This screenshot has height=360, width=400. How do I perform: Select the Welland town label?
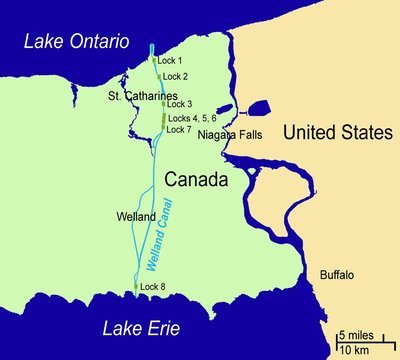[x=135, y=216]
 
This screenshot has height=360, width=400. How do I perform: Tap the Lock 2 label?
[x=175, y=76]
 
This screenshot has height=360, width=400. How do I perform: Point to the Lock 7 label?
[x=178, y=129]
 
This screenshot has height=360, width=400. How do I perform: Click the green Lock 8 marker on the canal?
[x=136, y=288]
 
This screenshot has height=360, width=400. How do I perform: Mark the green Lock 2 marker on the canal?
[x=158, y=76]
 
